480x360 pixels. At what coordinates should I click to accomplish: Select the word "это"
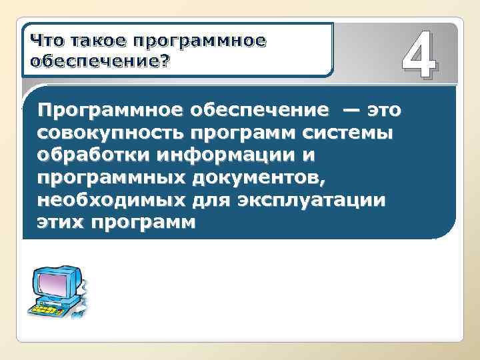[386, 110]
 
